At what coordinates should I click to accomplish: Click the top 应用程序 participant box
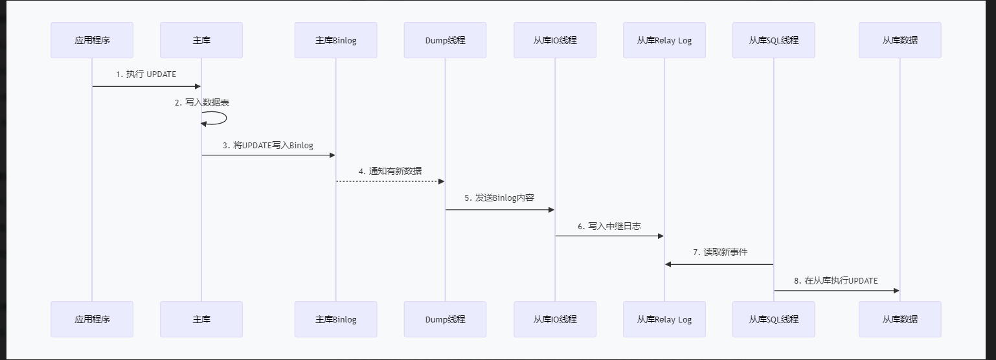click(92, 40)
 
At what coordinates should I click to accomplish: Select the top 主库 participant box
click(201, 40)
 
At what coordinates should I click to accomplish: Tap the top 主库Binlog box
click(335, 40)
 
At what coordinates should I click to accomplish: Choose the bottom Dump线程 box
click(445, 319)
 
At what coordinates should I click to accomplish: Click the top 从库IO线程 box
click(555, 40)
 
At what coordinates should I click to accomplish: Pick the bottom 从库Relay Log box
click(664, 319)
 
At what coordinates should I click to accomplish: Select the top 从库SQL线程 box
click(774, 40)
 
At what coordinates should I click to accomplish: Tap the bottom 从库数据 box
click(900, 319)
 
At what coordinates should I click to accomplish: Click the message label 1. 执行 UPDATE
click(146, 74)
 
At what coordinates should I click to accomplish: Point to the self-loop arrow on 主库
click(226, 118)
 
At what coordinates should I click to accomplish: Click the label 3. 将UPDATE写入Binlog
click(268, 145)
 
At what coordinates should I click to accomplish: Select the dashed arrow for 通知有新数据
click(390, 181)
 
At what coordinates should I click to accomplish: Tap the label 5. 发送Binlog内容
click(499, 197)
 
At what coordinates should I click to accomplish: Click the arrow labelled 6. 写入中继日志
click(609, 236)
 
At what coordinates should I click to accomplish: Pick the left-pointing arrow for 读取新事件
click(719, 264)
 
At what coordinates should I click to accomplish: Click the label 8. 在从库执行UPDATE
click(836, 281)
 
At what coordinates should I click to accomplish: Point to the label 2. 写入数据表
click(202, 103)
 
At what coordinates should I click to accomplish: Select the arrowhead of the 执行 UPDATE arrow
click(198, 86)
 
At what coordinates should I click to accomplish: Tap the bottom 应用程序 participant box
click(92, 319)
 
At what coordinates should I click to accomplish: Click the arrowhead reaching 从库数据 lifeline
click(896, 291)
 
